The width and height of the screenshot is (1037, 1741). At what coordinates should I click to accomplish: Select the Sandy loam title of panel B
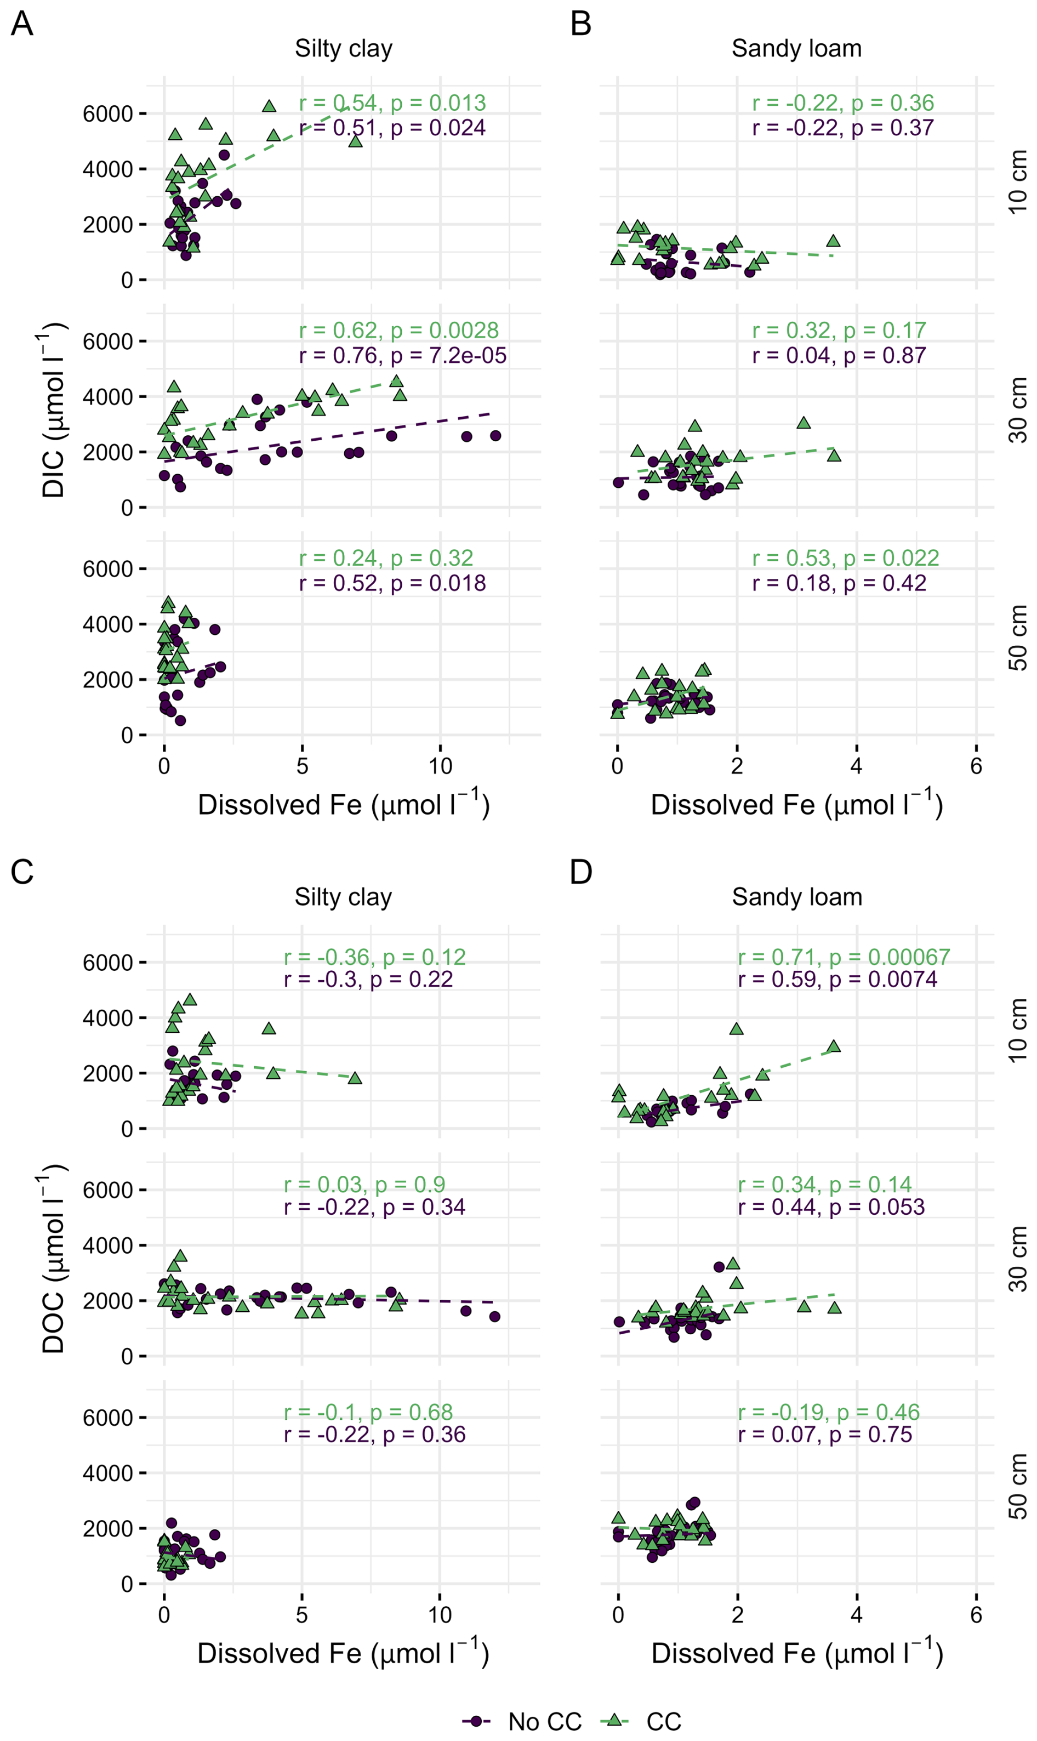coord(796,49)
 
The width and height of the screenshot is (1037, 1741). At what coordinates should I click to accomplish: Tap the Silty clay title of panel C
coord(343,897)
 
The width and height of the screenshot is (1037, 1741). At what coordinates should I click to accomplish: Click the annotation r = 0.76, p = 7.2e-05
coord(402,356)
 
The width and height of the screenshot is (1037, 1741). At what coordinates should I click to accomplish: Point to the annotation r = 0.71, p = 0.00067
coord(844,957)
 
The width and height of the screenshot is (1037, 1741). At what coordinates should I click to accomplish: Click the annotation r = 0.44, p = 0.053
coord(831,1207)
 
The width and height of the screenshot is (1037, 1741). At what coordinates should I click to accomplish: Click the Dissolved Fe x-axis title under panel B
coord(796,805)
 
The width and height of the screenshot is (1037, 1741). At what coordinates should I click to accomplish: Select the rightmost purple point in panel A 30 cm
coord(495,435)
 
